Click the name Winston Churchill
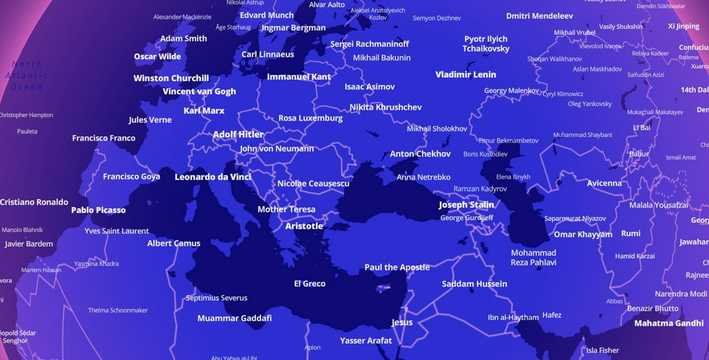tap(171, 78)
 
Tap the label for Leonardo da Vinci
tap(213, 177)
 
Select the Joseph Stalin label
tap(466, 205)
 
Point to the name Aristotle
tap(304, 226)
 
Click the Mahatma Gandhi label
tap(669, 323)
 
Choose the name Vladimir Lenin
tap(466, 74)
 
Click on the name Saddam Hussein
tap(474, 284)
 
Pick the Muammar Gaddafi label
tap(235, 318)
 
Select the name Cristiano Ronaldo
tap(34, 202)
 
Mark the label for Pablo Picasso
tap(99, 210)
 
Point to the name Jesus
tap(402, 322)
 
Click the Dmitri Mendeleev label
tap(540, 16)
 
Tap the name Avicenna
tap(604, 183)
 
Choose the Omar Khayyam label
tap(583, 234)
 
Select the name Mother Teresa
tap(286, 209)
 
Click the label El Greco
tap(310, 284)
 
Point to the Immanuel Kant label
tap(299, 77)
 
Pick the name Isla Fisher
tap(603, 350)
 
